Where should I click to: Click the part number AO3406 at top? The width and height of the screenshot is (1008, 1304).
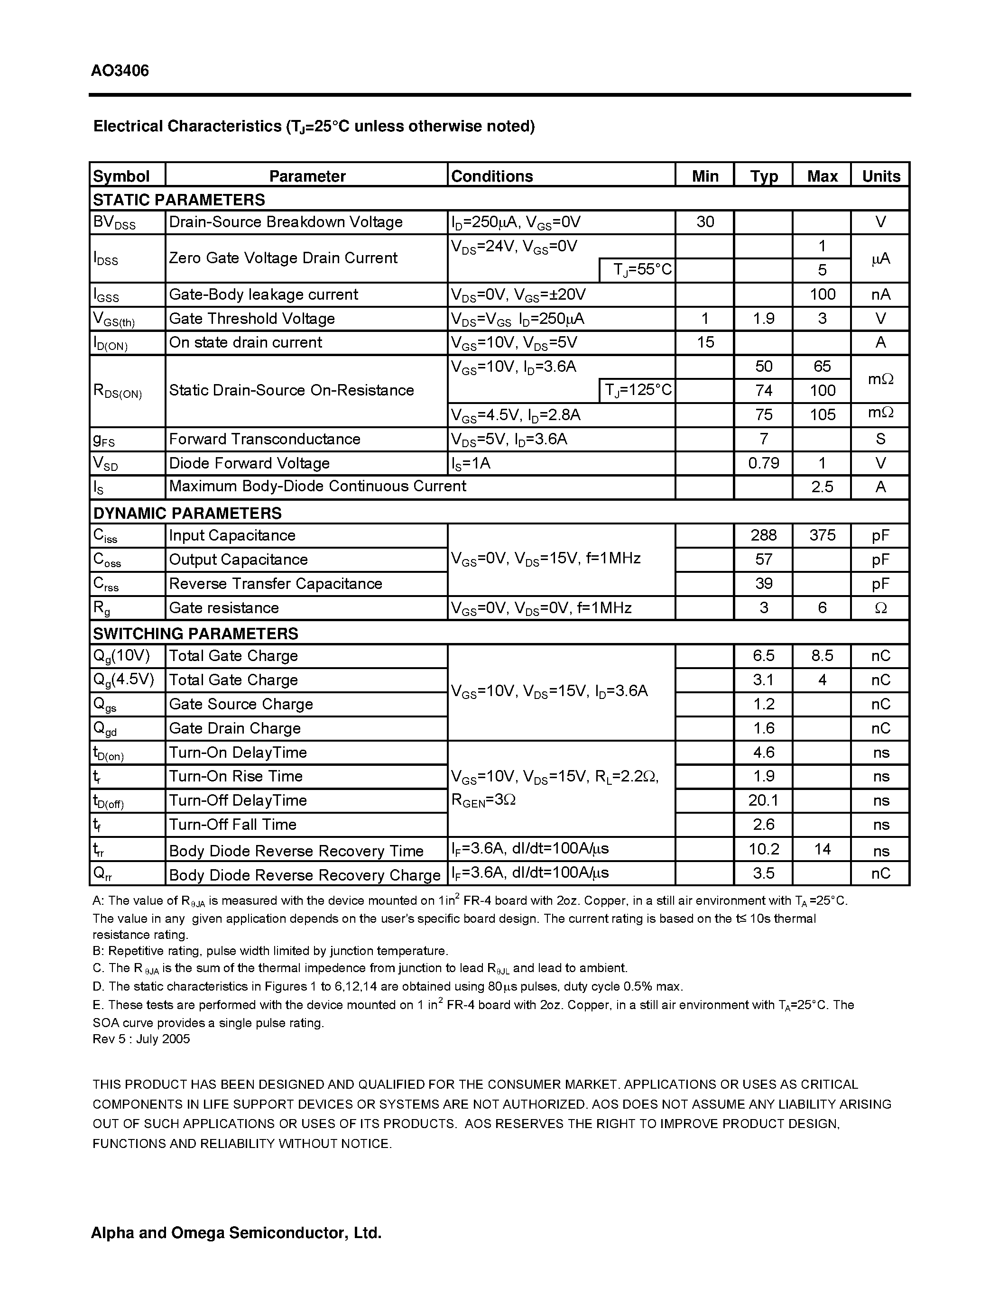[120, 71]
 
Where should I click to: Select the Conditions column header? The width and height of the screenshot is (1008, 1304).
[491, 176]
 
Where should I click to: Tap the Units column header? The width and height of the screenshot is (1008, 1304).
[880, 176]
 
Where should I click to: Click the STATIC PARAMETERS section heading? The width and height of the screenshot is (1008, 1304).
[178, 200]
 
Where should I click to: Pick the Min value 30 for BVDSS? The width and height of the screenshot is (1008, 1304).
[704, 222]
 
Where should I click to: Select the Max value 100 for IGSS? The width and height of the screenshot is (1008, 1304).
[822, 294]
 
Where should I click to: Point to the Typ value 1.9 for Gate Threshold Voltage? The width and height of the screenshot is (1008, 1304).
[763, 318]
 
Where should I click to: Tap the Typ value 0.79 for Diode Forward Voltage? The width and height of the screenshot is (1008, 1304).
[763, 463]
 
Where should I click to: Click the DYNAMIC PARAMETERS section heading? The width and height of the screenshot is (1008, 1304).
[187, 513]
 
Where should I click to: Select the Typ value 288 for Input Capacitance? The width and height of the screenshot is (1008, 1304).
[763, 535]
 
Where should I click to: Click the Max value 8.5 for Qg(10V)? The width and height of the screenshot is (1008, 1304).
[822, 656]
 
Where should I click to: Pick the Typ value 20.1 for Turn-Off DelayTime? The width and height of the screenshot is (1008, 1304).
[763, 800]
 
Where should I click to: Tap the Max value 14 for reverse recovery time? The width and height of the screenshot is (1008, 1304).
[822, 849]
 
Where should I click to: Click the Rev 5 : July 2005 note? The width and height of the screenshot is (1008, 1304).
[141, 1039]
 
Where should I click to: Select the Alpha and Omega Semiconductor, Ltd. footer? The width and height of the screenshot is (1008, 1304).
[236, 1232]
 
